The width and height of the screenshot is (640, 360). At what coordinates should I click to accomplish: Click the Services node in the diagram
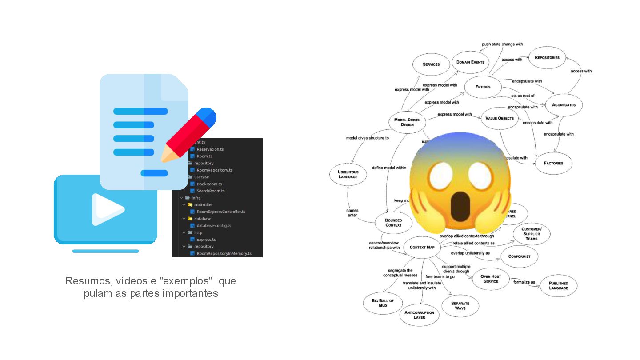(431, 64)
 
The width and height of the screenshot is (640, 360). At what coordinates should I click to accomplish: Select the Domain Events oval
(470, 62)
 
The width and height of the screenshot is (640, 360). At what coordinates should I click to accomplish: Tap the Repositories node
(547, 58)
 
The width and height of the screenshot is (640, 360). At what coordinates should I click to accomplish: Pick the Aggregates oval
(564, 105)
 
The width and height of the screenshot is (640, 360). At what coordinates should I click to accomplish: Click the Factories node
(553, 163)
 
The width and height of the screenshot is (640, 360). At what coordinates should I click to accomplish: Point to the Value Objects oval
(500, 118)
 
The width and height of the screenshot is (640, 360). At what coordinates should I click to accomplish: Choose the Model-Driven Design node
(407, 122)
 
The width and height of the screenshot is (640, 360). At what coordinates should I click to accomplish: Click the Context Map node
(422, 247)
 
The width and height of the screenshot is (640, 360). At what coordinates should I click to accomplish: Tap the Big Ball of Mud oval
(383, 303)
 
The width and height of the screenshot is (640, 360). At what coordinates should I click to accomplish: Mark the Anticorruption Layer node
(419, 315)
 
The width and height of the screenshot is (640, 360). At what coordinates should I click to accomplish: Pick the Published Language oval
(558, 285)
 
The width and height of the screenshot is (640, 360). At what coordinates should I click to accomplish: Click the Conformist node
(519, 256)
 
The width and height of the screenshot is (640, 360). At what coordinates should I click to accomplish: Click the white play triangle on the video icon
(107, 209)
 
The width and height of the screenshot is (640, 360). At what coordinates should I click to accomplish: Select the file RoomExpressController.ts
(220, 212)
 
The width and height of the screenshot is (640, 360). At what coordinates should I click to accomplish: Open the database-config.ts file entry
(214, 226)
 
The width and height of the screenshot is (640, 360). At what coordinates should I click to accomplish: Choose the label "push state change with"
(502, 44)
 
